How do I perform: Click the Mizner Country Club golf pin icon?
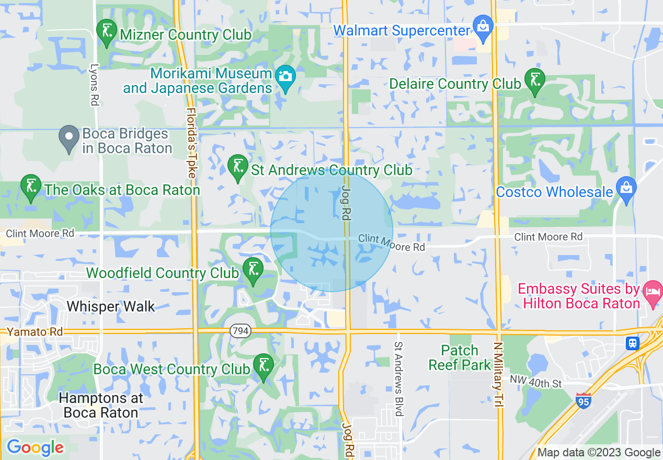click(107, 32)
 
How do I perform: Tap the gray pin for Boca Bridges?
click(68, 138)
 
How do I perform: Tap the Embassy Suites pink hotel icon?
click(653, 290)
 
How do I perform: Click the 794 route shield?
click(241, 331)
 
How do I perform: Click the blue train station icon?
click(633, 343)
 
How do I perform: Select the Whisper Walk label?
click(111, 306)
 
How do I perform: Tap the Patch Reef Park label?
click(460, 358)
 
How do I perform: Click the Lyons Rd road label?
click(95, 85)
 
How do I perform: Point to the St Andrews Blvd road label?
click(399, 378)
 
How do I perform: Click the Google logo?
click(35, 447)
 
